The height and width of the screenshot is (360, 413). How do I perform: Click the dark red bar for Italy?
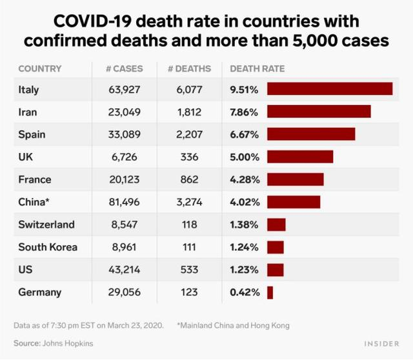coord(330,89)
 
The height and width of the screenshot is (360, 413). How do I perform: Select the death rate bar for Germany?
coord(270,292)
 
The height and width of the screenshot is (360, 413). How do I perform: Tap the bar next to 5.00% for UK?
coord(300,157)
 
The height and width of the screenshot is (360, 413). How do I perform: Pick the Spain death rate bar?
coord(311,134)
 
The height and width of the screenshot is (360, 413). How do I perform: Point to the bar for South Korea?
coord(276,247)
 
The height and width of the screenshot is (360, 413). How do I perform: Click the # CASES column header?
coord(125,68)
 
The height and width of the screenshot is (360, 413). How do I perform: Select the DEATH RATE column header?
coord(257,68)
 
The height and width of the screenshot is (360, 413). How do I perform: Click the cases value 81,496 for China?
coord(125,202)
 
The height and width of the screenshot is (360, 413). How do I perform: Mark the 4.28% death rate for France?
coord(244,179)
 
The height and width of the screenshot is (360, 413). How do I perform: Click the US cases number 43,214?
coord(125,270)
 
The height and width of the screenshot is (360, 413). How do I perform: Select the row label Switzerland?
coord(46,225)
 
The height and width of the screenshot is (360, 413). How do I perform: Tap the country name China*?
coord(34,202)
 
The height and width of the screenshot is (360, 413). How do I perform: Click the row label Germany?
coord(40,292)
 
